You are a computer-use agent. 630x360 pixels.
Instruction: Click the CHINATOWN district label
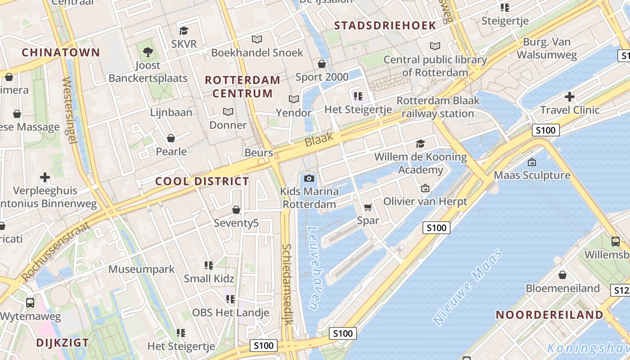pyautogui.click(x=61, y=52)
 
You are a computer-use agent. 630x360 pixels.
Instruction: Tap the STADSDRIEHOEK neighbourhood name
pyautogui.click(x=385, y=25)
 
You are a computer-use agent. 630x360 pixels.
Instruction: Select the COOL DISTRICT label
pyautogui.click(x=202, y=181)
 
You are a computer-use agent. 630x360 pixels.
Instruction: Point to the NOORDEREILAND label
pyautogui.click(x=549, y=315)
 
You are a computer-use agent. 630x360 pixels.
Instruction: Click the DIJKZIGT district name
pyautogui.click(x=63, y=342)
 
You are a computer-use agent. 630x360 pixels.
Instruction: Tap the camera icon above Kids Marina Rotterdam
pyautogui.click(x=309, y=179)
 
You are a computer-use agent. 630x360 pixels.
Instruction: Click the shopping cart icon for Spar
pyautogui.click(x=368, y=207)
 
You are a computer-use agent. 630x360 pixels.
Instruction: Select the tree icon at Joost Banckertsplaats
pyautogui.click(x=148, y=52)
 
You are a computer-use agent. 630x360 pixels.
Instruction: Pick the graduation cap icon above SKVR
pyautogui.click(x=184, y=31)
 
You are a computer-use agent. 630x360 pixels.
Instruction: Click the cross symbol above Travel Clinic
pyautogui.click(x=570, y=96)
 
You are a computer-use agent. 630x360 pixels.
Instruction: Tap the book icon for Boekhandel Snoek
pyautogui.click(x=256, y=40)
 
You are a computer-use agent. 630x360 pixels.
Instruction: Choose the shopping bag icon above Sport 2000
pyautogui.click(x=322, y=63)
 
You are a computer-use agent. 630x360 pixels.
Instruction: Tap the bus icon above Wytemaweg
pyautogui.click(x=30, y=302)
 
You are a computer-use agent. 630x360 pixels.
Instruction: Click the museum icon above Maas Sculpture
pyautogui.click(x=532, y=162)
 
